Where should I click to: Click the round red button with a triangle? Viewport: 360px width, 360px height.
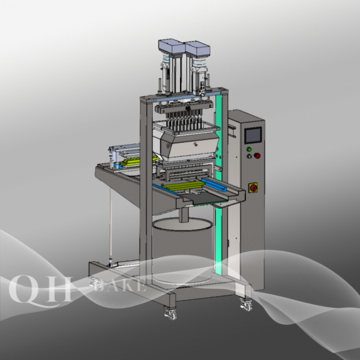[x=257, y=156]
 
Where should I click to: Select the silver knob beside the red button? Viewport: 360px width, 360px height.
[x=249, y=156]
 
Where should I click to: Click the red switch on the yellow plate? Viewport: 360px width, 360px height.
[x=253, y=188]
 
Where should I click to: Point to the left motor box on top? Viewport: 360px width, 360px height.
[x=172, y=47]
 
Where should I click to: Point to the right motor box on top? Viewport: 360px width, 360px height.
[x=198, y=49]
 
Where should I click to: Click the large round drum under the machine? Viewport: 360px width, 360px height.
[x=182, y=250]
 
